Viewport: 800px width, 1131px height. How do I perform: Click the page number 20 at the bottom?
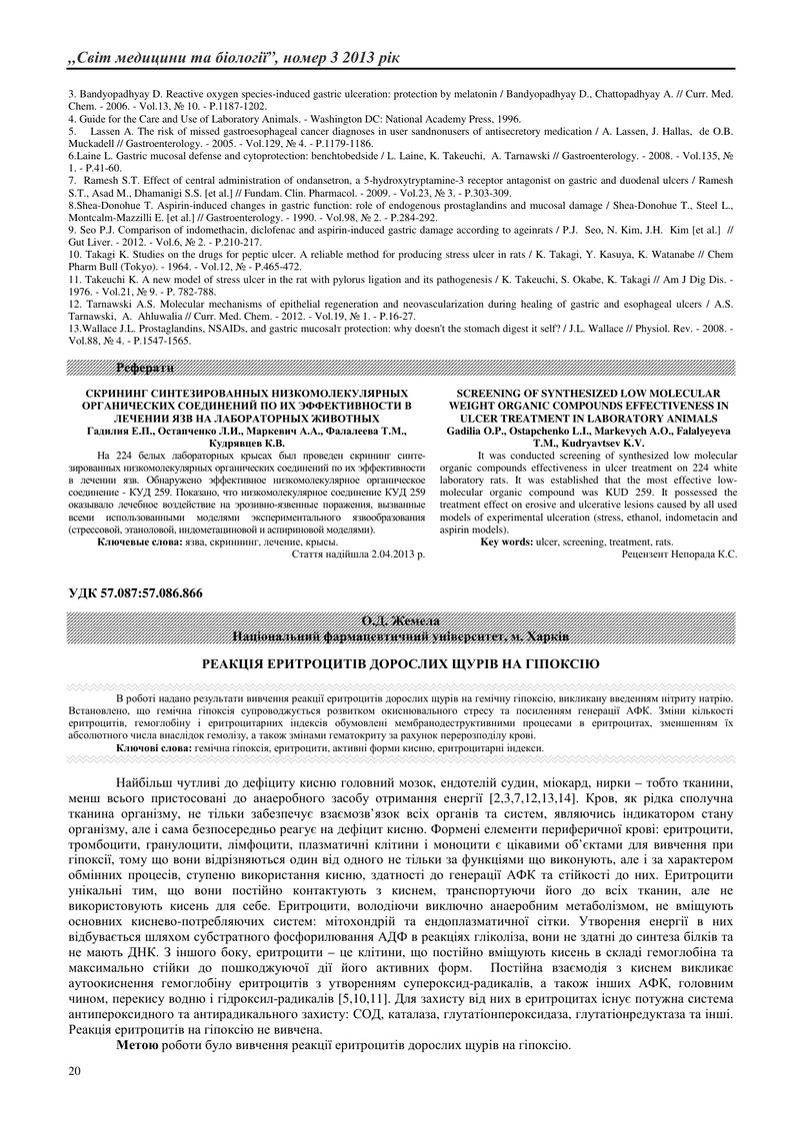pyautogui.click(x=73, y=1071)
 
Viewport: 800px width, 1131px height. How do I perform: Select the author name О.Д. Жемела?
pyautogui.click(x=400, y=621)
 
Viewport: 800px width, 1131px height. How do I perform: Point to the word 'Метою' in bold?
pyautogui.click(x=137, y=1044)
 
